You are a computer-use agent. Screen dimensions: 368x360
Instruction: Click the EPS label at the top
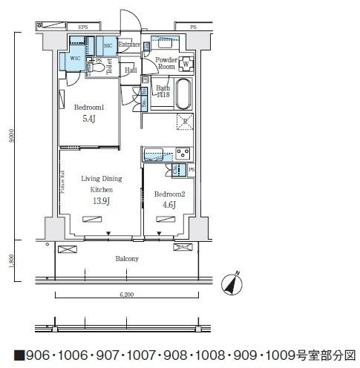82,27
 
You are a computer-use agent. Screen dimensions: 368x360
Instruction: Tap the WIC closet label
75,56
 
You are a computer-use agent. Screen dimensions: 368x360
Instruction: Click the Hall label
131,70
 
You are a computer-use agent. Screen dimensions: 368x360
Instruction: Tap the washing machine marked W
185,62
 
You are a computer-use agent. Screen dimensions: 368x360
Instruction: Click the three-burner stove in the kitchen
182,154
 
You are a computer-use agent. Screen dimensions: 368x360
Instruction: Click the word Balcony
126,259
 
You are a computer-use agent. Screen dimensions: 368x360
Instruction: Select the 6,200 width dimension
127,295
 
